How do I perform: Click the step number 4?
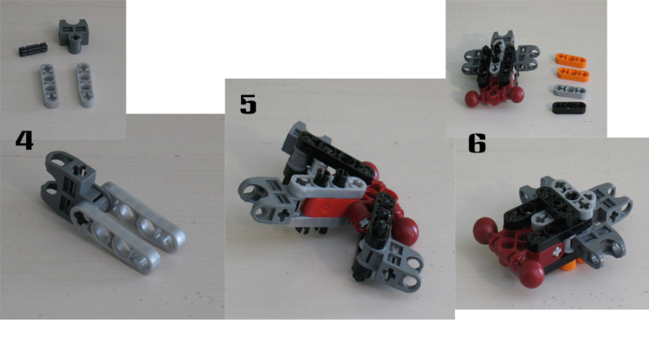[x=24, y=140]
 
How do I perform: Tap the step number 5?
[x=248, y=104]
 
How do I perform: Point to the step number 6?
[x=477, y=144]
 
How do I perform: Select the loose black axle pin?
[x=33, y=49]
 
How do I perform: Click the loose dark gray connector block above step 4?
[x=74, y=36]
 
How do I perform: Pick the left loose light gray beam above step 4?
[x=49, y=86]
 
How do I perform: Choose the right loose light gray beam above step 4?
[x=85, y=85]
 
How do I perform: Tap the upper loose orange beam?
[x=571, y=60]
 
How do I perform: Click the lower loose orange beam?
[x=574, y=74]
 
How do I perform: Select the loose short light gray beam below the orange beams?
[x=570, y=92]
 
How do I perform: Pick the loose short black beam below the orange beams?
[x=569, y=108]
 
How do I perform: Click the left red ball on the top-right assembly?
[x=472, y=99]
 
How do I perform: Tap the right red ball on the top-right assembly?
[x=516, y=95]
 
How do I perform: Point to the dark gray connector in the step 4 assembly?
[x=68, y=180]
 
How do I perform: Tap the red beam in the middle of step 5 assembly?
[x=327, y=209]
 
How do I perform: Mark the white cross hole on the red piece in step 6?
[x=557, y=251]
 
